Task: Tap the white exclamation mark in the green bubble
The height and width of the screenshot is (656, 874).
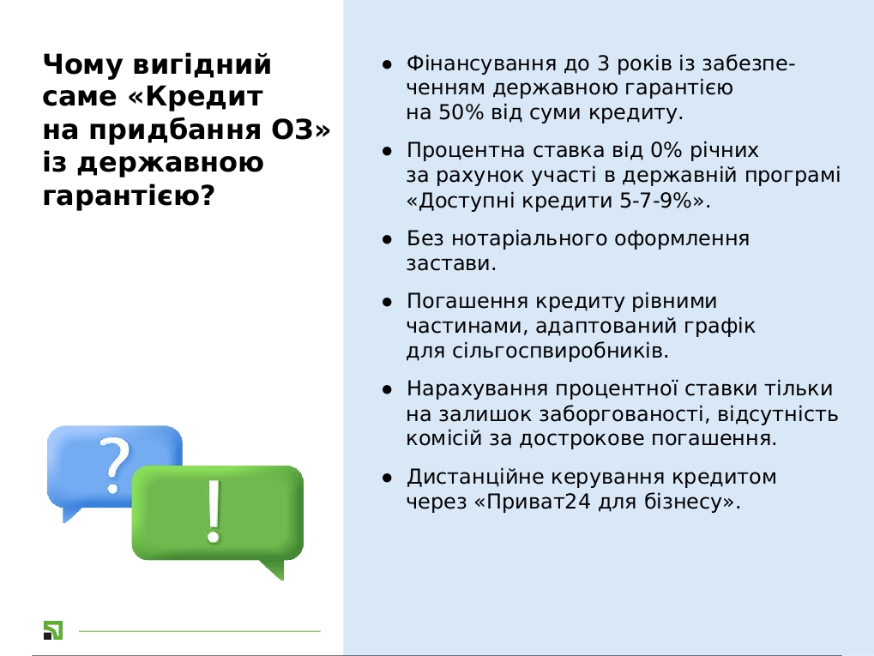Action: (x=213, y=511)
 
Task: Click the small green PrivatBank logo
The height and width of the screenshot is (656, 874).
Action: (x=53, y=630)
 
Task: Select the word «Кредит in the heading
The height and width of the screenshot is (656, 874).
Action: (x=195, y=96)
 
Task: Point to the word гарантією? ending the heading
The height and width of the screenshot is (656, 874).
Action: (x=129, y=196)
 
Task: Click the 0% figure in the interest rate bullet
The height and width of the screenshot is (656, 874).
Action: (x=666, y=150)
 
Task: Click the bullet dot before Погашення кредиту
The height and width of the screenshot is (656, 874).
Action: (x=388, y=303)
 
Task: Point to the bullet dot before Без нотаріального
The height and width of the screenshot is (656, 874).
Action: (x=388, y=240)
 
